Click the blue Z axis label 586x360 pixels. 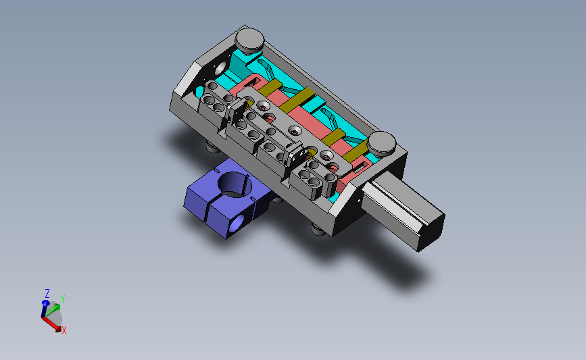click(x=47, y=293)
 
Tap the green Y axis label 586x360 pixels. click(x=63, y=299)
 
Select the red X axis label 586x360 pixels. click(x=64, y=330)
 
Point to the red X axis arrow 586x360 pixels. click(x=52, y=324)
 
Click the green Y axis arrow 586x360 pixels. click(x=53, y=309)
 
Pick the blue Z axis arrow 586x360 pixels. click(x=45, y=309)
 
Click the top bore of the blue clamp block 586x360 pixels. click(x=235, y=184)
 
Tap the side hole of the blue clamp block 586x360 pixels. click(x=237, y=224)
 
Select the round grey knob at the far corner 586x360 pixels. click(x=249, y=40)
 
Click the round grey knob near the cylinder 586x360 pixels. click(x=381, y=143)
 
